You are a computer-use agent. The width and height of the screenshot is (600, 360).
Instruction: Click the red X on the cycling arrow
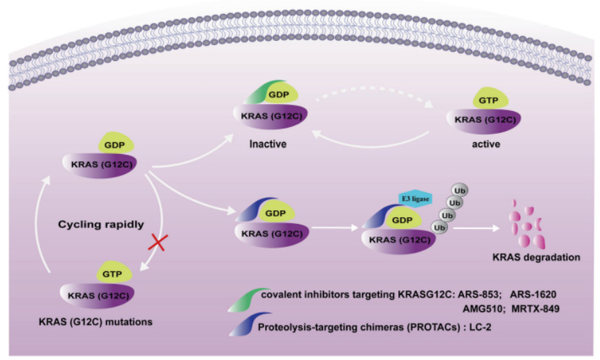[x=157, y=243]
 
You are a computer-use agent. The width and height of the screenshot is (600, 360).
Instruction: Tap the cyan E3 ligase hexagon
[x=415, y=198]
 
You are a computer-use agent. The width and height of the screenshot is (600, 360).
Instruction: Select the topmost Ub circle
[x=460, y=190]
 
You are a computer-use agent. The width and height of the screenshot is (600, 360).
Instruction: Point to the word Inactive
[x=268, y=144]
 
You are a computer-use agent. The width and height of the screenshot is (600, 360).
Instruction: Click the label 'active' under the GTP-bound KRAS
[x=486, y=144]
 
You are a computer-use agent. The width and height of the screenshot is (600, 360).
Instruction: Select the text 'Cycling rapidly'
[x=101, y=224]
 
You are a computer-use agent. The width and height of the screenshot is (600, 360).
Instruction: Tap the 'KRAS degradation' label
[x=536, y=257]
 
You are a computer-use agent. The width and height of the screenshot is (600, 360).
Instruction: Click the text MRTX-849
[x=535, y=309]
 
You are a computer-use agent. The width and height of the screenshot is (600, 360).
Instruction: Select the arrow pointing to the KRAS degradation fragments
[x=477, y=228]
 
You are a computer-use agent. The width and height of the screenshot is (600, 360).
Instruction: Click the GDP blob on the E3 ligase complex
[x=402, y=219]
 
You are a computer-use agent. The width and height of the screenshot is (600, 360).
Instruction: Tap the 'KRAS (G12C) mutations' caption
[x=96, y=322]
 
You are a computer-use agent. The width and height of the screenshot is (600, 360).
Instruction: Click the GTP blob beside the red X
[x=113, y=273]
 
